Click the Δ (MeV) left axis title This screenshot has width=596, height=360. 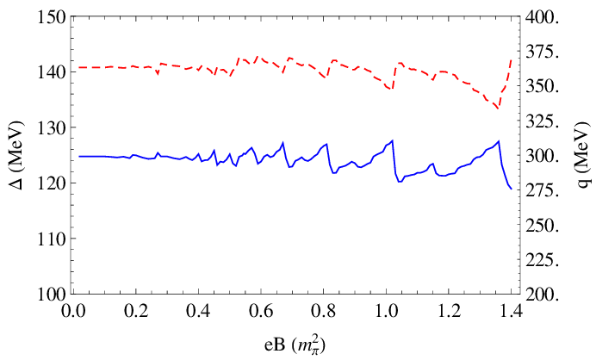pyautogui.click(x=17, y=154)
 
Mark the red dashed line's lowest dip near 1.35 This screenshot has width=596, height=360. pyautogui.click(x=497, y=108)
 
